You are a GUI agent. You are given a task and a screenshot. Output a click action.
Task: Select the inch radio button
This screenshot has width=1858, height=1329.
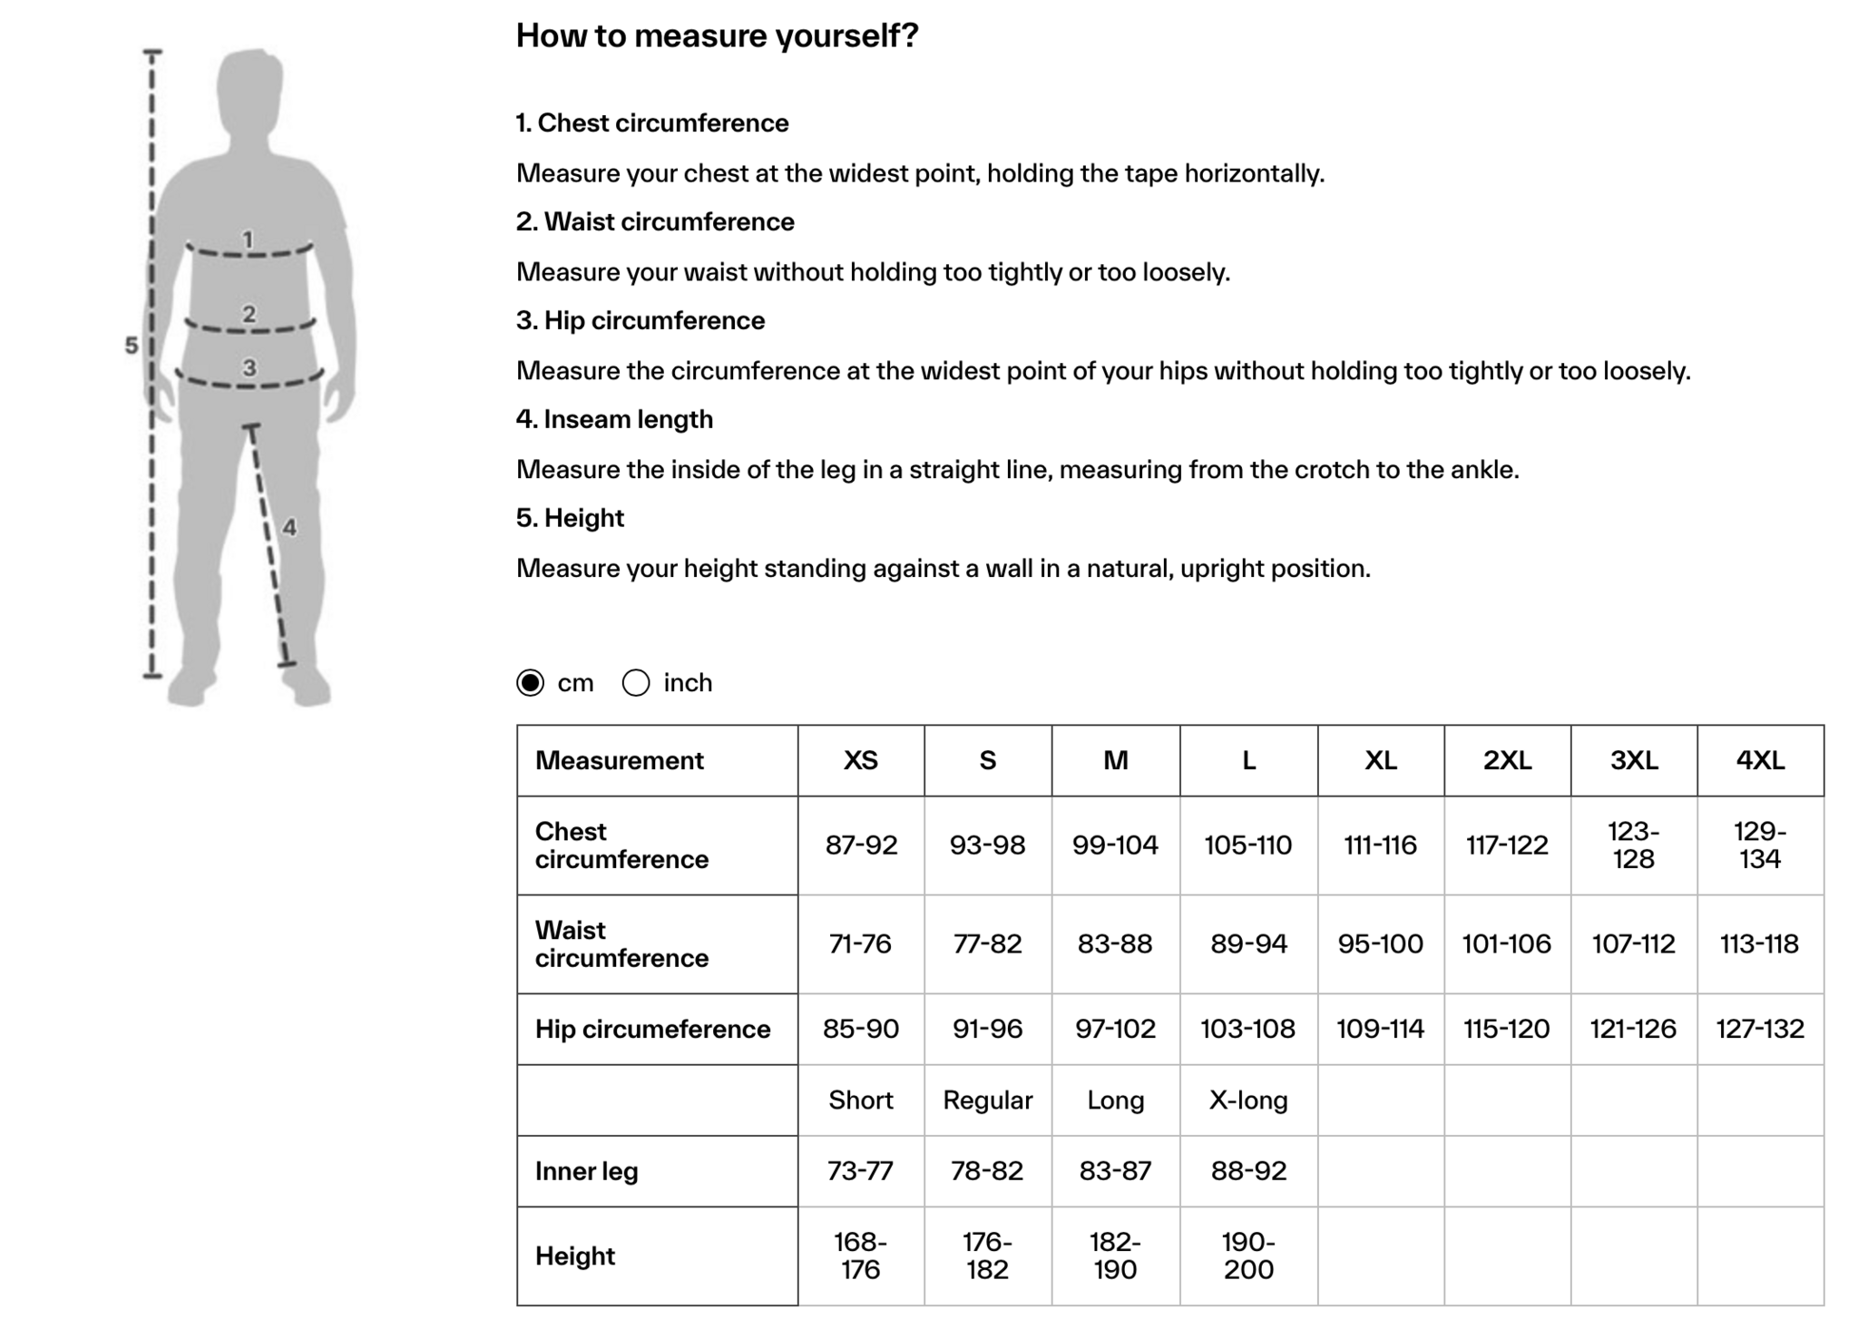[636, 682]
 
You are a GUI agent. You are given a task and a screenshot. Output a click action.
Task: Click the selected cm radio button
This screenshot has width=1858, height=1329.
[531, 682]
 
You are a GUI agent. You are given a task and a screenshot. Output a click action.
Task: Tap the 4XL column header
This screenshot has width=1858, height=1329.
[1760, 760]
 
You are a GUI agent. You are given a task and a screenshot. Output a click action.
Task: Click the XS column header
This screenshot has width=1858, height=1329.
[861, 760]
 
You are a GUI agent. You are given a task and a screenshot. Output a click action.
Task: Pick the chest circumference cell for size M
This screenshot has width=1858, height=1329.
[1115, 845]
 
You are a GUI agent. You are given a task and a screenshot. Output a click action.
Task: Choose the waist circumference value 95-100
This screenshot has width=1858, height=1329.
[1380, 944]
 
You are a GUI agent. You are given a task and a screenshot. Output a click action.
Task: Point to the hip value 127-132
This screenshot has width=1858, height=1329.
[1760, 1029]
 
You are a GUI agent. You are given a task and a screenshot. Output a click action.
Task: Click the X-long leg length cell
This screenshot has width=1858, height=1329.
[1248, 1100]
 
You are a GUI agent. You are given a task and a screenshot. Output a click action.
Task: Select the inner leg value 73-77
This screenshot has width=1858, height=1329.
[861, 1171]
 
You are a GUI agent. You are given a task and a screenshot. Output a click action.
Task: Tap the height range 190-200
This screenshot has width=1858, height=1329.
[1248, 1256]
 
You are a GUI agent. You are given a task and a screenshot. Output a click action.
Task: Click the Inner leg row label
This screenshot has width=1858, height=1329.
[586, 1171]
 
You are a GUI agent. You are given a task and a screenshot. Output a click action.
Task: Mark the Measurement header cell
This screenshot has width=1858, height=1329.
[619, 760]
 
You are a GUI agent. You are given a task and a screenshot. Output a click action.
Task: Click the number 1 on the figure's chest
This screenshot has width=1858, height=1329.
[248, 239]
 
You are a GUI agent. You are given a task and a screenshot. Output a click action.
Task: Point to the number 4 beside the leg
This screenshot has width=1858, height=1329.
[289, 527]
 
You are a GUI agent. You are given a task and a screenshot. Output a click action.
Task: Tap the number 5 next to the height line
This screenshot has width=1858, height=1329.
[132, 346]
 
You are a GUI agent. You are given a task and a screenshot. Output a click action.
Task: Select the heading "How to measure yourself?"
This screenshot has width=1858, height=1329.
[717, 36]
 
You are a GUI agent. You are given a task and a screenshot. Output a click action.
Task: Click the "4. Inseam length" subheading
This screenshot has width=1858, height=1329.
[614, 419]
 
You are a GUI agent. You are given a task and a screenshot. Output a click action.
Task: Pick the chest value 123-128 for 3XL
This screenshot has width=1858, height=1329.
[1633, 845]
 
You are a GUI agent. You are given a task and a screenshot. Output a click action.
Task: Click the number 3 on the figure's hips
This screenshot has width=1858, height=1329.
[249, 367]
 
